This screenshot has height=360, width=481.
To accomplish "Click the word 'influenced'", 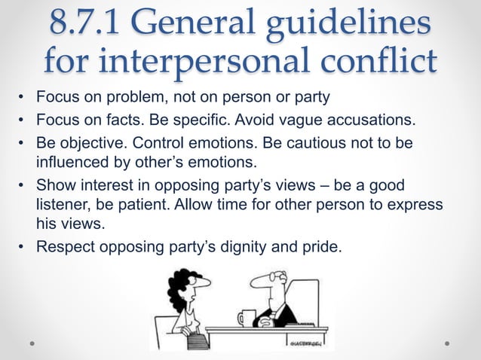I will pos(71,162).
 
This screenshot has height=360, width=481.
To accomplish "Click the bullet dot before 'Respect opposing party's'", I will pos(22,245).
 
